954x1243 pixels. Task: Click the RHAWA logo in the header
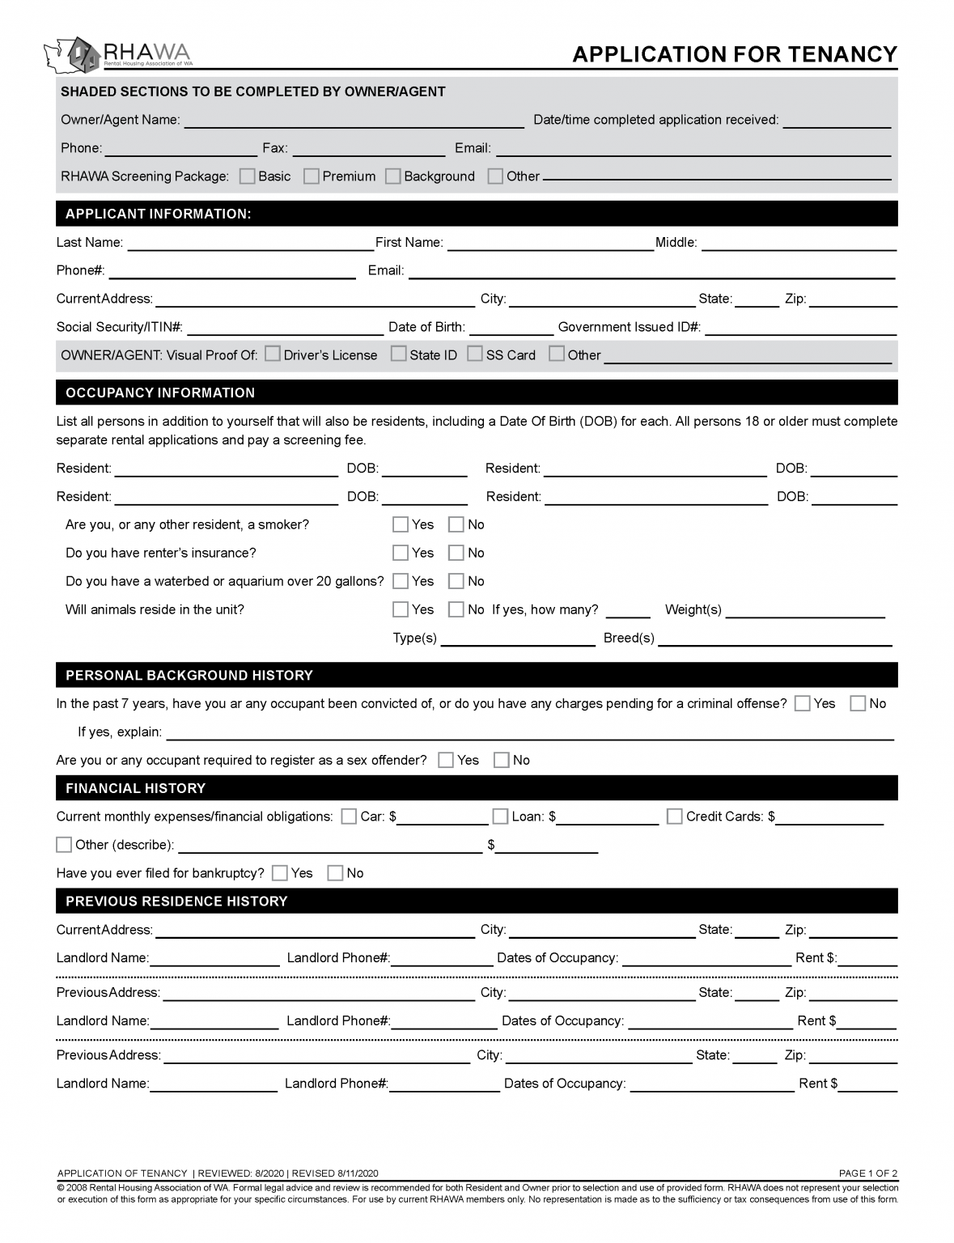[118, 53]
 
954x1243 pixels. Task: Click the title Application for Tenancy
[734, 54]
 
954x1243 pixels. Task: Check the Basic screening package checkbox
[248, 176]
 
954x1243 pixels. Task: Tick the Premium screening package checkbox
[312, 176]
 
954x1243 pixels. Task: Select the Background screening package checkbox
[393, 176]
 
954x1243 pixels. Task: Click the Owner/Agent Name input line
[354, 121]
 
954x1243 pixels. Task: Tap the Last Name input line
[250, 244]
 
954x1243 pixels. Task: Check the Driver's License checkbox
[273, 354]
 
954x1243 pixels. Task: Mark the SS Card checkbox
[475, 354]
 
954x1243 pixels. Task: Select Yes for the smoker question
[401, 524]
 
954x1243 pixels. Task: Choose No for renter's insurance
[456, 553]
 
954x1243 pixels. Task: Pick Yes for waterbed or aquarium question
[401, 581]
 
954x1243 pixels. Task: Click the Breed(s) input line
[774, 638]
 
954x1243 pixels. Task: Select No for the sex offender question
[502, 760]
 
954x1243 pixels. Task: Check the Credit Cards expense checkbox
[675, 817]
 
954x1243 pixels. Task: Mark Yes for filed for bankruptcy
[280, 873]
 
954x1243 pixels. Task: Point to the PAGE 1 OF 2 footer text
[867, 1173]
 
